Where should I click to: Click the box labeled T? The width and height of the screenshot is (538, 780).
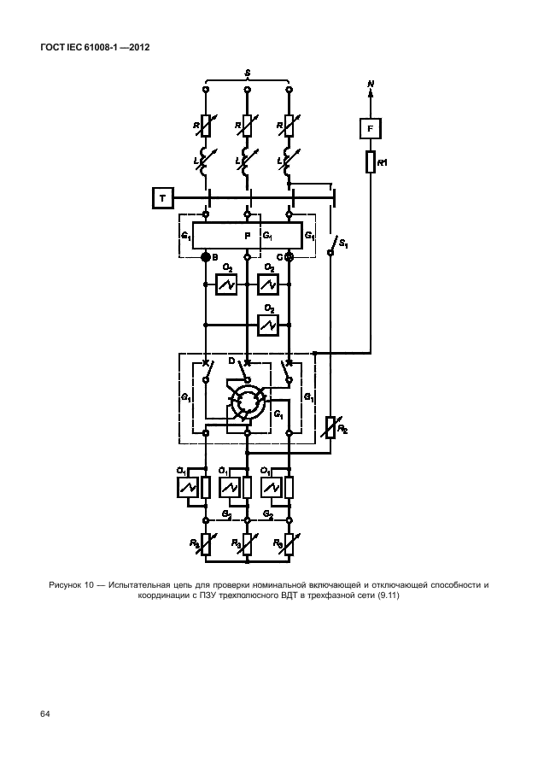162,200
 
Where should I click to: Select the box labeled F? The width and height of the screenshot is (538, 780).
370,128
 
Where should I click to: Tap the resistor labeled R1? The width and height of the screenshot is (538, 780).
371,161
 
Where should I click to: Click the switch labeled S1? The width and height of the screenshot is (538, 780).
332,248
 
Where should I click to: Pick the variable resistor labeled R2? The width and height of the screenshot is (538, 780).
331,425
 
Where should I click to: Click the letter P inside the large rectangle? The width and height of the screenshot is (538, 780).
248,234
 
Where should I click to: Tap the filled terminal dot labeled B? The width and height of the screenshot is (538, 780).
206,256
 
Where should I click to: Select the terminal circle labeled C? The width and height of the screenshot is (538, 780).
289,256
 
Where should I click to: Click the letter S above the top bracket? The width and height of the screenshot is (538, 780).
247,75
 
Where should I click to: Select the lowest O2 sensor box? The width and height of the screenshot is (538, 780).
269,325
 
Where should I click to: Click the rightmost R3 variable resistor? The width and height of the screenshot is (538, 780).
289,542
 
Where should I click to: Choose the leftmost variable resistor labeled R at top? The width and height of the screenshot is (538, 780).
206,126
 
